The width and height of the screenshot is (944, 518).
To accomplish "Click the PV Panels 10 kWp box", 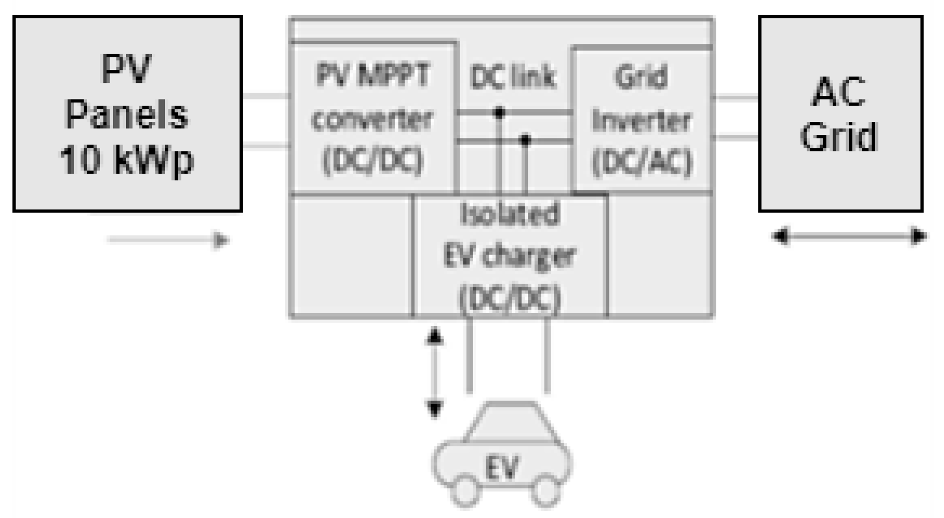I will pos(127,114).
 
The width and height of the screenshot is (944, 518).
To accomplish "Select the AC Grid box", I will pos(840,114).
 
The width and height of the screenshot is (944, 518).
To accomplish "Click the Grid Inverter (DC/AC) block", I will pos(642,120).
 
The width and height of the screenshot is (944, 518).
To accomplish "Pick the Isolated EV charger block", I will pos(510,256).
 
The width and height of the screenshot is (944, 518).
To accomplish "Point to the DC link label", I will pos(513,77).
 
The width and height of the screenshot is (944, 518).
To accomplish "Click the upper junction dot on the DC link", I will pos(499,111).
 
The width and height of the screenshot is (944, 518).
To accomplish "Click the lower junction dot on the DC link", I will pos(525,139).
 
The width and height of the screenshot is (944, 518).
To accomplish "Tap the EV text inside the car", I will pos(502,467).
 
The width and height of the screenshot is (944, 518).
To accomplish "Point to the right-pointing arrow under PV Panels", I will pos(168,240).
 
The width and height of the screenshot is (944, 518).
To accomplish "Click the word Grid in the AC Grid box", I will pos(839,136).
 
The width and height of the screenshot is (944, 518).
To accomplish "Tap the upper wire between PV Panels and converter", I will pos(266,96).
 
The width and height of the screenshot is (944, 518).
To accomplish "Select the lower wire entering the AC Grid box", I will pos(737,137).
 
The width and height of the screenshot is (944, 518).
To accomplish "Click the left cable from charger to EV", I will pos(469,355).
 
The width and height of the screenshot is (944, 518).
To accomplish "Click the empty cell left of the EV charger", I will pos(351,256).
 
